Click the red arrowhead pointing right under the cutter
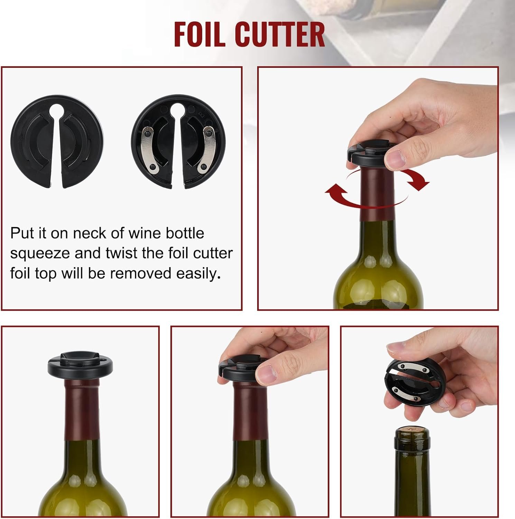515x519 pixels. pos(421,181)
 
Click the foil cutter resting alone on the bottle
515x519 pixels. pos(80,365)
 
